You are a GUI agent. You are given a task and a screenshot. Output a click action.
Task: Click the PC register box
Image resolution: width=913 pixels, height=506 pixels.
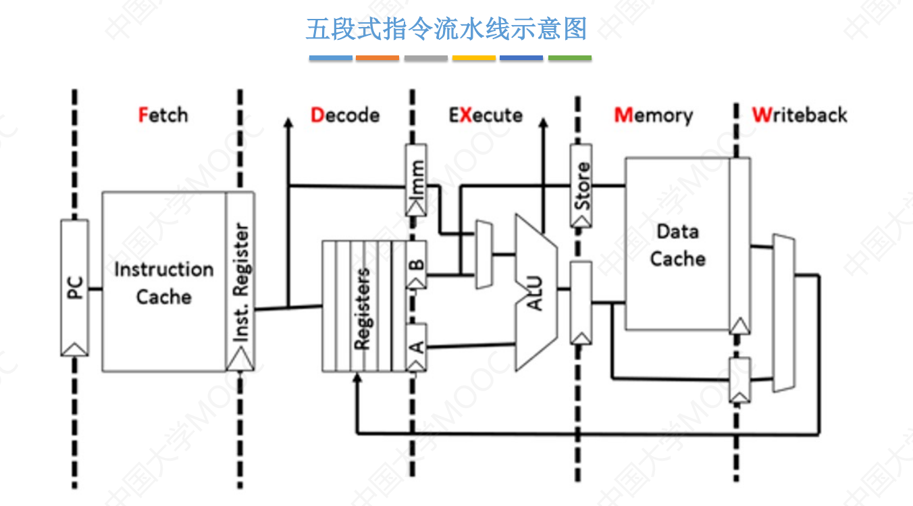click(x=74, y=287)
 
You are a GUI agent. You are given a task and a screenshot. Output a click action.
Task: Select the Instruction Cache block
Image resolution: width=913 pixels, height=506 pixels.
click(x=163, y=282)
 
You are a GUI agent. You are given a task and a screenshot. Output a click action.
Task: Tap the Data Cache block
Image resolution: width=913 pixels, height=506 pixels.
click(x=677, y=245)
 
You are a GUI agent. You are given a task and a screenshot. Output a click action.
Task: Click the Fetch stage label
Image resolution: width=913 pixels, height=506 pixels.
click(x=163, y=115)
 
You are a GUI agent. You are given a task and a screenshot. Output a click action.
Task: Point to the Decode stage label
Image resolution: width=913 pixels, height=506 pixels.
click(x=344, y=115)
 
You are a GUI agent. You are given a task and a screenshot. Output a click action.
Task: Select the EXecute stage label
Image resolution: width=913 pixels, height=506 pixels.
click(x=486, y=115)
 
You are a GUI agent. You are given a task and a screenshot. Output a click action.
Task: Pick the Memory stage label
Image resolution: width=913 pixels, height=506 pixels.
click(x=653, y=115)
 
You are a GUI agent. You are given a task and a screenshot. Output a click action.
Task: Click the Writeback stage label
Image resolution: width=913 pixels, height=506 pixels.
click(x=799, y=115)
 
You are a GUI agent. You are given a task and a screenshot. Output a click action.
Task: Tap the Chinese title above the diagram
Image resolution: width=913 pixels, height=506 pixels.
click(x=446, y=30)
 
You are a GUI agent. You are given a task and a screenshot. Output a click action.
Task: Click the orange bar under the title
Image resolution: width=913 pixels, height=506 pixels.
click(x=377, y=59)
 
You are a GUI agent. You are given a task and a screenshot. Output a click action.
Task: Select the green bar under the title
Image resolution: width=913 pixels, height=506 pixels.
click(x=569, y=59)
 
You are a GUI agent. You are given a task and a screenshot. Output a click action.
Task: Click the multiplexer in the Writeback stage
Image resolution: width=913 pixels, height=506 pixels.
click(x=783, y=313)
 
